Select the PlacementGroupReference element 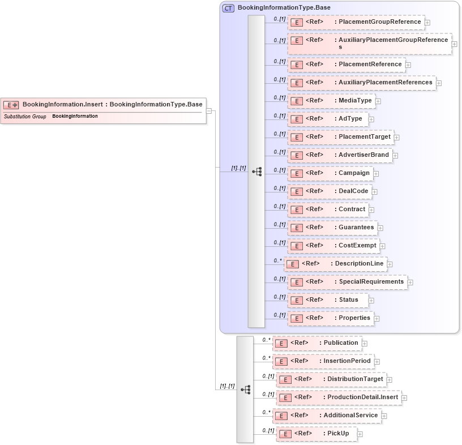pyautogui.click(x=356, y=22)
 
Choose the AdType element pyautogui.click(x=328, y=119)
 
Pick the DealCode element pyautogui.click(x=330, y=191)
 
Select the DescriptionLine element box pyautogui.click(x=335, y=264)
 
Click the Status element pyautogui.click(x=328, y=300)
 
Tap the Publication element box pyautogui.click(x=317, y=343)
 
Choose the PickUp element pyautogui.click(x=316, y=434)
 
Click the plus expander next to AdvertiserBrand pyautogui.click(x=395, y=156)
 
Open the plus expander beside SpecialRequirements pyautogui.click(x=410, y=283)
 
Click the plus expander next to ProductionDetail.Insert pyautogui.click(x=404, y=398)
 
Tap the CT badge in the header pyautogui.click(x=228, y=8)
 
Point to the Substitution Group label pyautogui.click(x=25, y=117)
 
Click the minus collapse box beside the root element pyautogui.click(x=209, y=111)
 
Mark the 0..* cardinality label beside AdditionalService pyautogui.click(x=266, y=412)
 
